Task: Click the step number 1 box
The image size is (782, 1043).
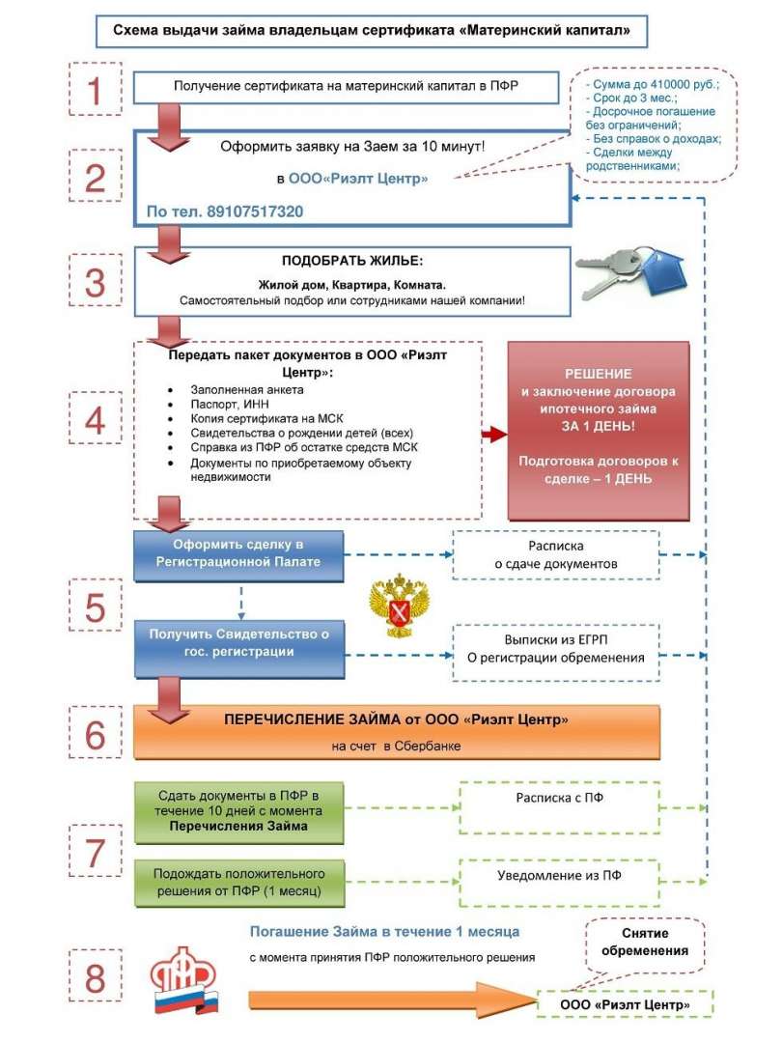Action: pyautogui.click(x=96, y=89)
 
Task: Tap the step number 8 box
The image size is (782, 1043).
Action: pyautogui.click(x=96, y=975)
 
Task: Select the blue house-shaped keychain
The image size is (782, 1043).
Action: pyautogui.click(x=664, y=271)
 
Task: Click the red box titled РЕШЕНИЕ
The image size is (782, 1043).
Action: pyautogui.click(x=599, y=431)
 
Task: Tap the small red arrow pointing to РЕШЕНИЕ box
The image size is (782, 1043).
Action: pyautogui.click(x=494, y=435)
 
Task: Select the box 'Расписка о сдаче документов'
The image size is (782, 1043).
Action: pyautogui.click(x=556, y=554)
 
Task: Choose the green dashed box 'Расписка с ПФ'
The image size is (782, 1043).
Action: pyautogui.click(x=559, y=807)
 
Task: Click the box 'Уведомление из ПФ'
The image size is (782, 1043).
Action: pyautogui.click(x=559, y=882)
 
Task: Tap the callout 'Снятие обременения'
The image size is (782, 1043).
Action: pyautogui.click(x=644, y=944)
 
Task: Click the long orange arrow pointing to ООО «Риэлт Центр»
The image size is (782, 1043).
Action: pyautogui.click(x=392, y=1000)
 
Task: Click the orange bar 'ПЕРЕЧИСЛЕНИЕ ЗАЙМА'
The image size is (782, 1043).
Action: pyautogui.click(x=397, y=732)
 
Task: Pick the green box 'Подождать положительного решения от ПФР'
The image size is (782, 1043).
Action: pyautogui.click(x=239, y=883)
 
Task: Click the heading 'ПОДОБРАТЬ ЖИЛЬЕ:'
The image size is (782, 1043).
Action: pyautogui.click(x=352, y=261)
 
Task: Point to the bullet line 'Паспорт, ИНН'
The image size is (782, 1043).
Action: pyautogui.click(x=230, y=404)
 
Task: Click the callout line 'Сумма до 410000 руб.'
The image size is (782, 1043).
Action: pyautogui.click(x=653, y=84)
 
